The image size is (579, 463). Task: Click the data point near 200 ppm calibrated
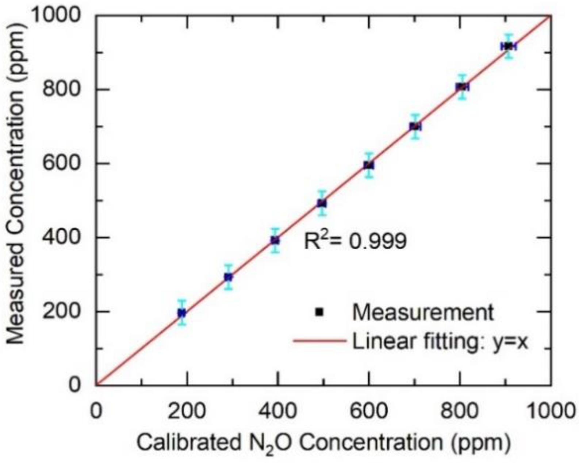182,313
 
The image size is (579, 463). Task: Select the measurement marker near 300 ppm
228,277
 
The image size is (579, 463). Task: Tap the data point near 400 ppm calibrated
275,240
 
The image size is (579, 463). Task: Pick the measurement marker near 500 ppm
322,203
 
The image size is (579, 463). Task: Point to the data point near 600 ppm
369,165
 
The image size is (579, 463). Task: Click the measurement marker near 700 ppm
415,126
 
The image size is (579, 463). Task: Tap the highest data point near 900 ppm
508,46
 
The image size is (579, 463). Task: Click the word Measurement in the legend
423,312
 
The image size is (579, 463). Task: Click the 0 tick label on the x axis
96,410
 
